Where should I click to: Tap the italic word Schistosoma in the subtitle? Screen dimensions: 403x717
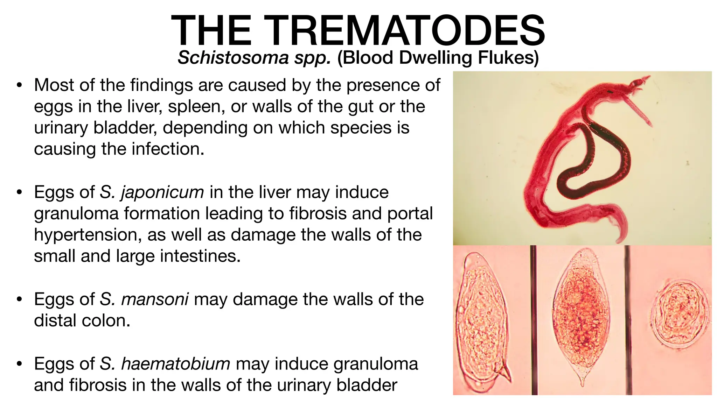pyautogui.click(x=233, y=58)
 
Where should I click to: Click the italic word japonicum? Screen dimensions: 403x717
pyautogui.click(x=162, y=192)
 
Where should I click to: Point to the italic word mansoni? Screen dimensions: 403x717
pyautogui.click(x=155, y=299)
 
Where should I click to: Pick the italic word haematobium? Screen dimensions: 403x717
pyautogui.click(x=175, y=364)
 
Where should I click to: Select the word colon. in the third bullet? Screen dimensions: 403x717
pyautogui.click(x=107, y=321)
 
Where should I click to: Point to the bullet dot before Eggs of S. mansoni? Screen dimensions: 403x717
pyautogui.click(x=20, y=299)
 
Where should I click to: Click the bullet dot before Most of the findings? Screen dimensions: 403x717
pyautogui.click(x=20, y=85)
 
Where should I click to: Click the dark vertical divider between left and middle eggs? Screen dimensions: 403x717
pyautogui.click(x=534, y=320)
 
